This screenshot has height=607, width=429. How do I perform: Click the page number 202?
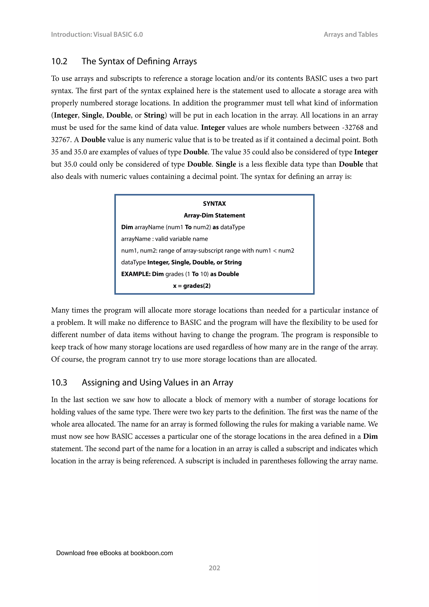tap(214, 568)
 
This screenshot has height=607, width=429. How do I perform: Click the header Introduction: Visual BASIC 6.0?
tap(97, 34)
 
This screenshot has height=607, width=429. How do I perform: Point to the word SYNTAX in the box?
tap(214, 204)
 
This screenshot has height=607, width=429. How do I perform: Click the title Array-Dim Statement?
tap(214, 215)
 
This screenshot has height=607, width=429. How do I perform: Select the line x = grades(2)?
tap(192, 286)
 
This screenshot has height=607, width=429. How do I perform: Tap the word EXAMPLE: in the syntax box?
tap(136, 274)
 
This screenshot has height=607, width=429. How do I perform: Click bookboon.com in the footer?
tap(151, 553)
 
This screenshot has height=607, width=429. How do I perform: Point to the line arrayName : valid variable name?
tap(164, 239)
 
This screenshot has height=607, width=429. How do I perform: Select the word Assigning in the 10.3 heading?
tap(100, 383)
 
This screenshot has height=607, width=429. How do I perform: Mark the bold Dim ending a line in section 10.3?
tap(370, 436)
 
